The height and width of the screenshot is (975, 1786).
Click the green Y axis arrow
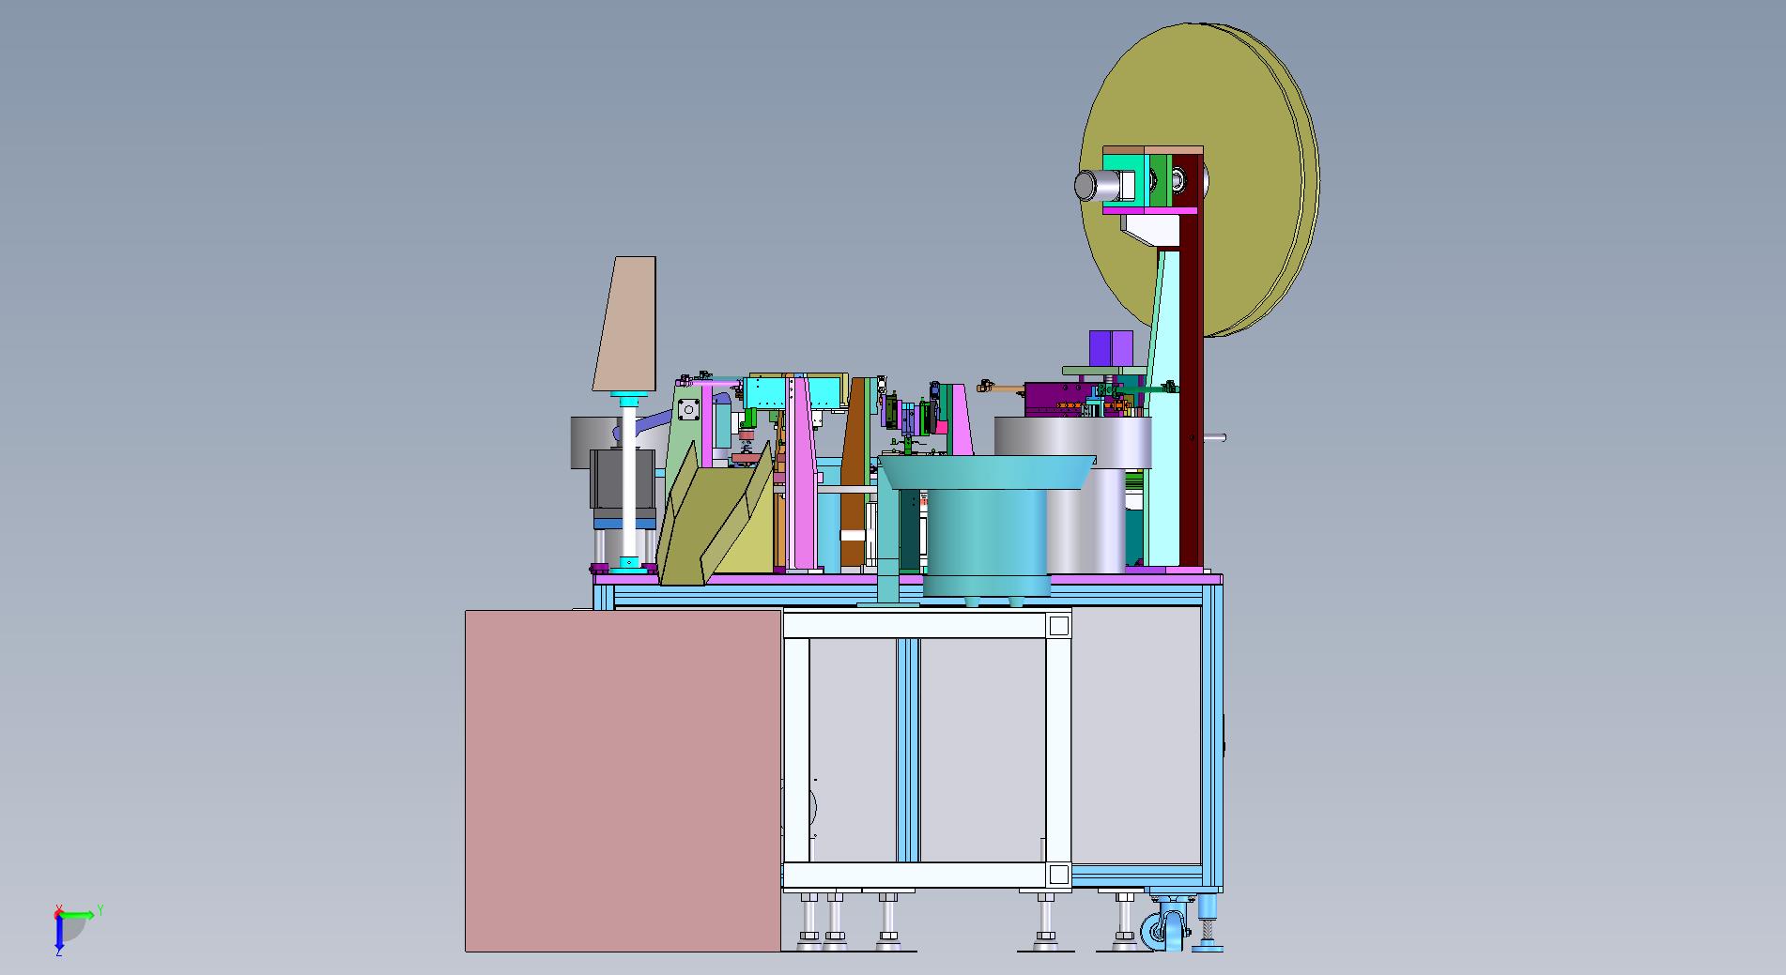pyautogui.click(x=77, y=913)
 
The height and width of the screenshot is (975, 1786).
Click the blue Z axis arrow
pyautogui.click(x=58, y=931)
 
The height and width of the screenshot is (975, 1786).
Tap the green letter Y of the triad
pyautogui.click(x=100, y=910)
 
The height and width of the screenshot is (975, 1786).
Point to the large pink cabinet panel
pyautogui.click(x=624, y=780)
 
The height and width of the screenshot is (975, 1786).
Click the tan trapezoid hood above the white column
pyautogui.click(x=625, y=323)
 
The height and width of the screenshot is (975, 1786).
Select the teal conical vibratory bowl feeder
pyautogui.click(x=986, y=526)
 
